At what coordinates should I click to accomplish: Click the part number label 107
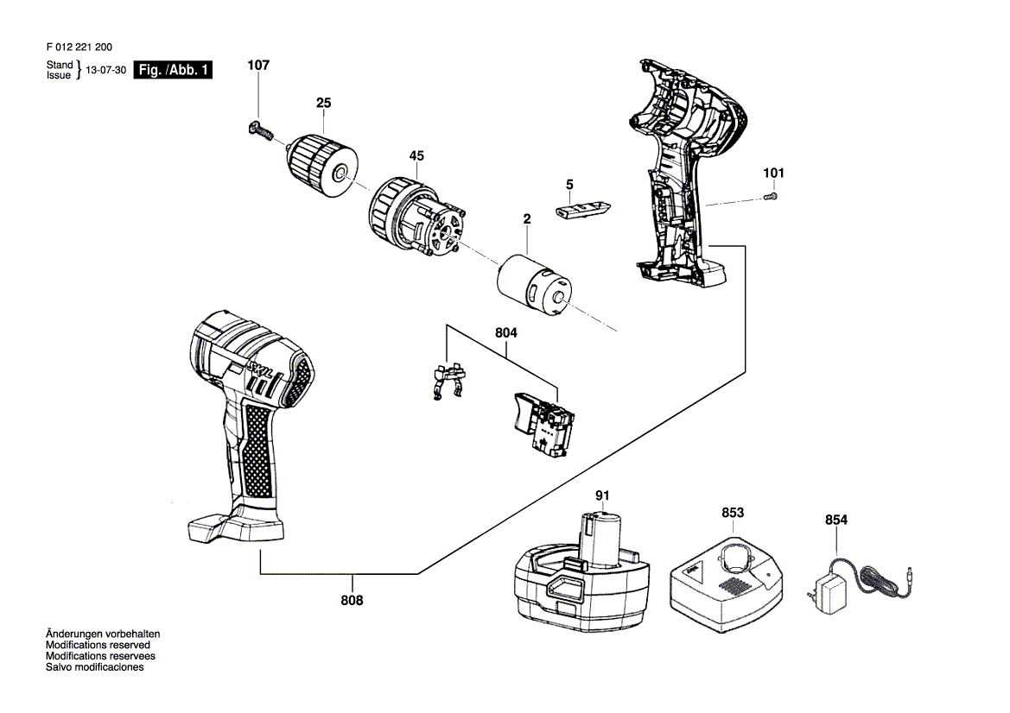click(258, 66)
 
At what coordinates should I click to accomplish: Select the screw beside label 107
click(260, 131)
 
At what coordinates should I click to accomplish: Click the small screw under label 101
click(771, 198)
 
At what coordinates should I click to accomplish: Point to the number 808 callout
click(352, 601)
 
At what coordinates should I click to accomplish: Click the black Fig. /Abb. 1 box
click(172, 71)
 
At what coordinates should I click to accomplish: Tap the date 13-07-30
click(106, 71)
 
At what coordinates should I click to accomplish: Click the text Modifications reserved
click(98, 645)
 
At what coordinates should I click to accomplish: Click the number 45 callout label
click(416, 156)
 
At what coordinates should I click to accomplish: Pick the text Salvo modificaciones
click(94, 667)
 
